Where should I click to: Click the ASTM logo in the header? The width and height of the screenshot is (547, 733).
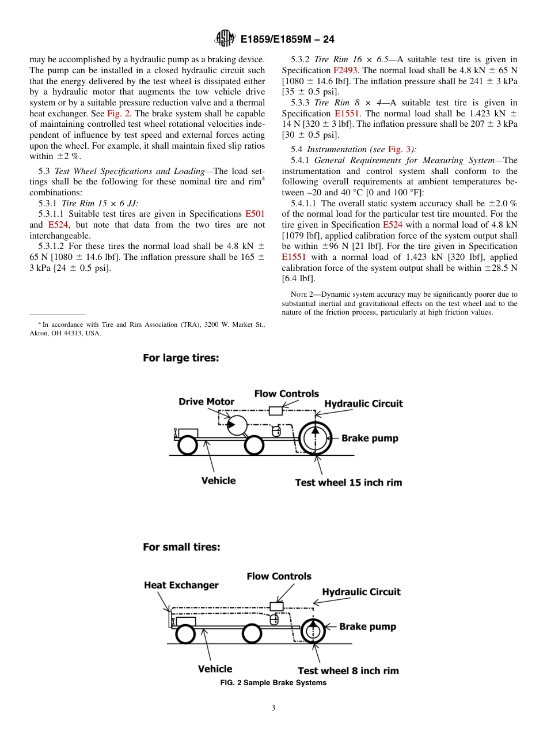(225, 39)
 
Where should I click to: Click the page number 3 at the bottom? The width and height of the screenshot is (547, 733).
(273, 708)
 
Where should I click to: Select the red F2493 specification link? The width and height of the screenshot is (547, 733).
(346, 70)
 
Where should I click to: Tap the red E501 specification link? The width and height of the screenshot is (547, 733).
(254, 214)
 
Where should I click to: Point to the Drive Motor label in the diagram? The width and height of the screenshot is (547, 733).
(206, 402)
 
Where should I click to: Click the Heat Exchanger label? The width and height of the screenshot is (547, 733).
(181, 585)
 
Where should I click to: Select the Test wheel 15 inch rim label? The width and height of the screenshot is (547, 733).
(348, 482)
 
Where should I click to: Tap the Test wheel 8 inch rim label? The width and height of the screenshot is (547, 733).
(348, 671)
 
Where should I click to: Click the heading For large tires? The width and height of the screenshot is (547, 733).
(181, 358)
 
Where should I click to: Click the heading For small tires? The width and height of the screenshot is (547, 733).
(181, 547)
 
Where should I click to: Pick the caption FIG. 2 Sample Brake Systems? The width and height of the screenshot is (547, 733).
(273, 683)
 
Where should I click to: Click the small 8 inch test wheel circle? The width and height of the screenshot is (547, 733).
(313, 630)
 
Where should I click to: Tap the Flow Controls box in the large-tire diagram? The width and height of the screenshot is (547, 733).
(276, 411)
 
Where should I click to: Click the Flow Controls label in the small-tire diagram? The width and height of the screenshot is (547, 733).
(279, 576)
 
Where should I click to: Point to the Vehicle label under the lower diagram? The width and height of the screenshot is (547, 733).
(215, 669)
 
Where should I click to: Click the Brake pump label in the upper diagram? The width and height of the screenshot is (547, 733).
(369, 438)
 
